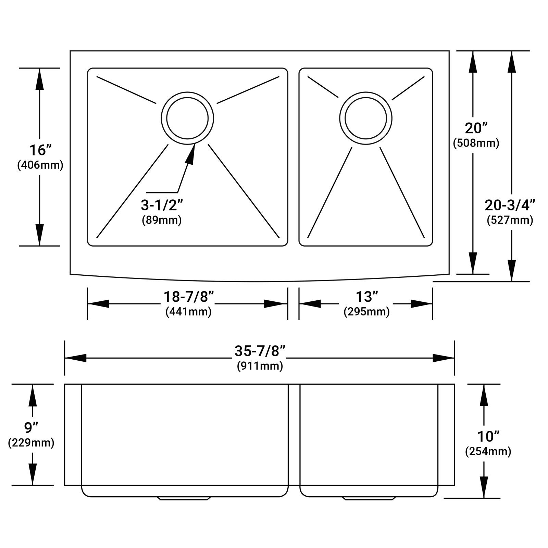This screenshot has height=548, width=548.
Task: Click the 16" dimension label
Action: pos(40,150)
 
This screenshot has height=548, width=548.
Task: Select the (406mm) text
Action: pos(40,165)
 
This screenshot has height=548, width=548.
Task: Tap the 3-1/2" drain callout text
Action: pos(162,205)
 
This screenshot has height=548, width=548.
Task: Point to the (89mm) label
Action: pos(162,220)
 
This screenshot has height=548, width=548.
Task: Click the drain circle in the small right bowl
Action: pos(366,118)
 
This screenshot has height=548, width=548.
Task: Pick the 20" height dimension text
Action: pos(476,128)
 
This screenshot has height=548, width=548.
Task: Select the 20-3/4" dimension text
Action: pos(510,205)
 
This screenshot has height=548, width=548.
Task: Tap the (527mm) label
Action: pos(510,220)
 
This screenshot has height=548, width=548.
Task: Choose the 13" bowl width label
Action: pos(366,297)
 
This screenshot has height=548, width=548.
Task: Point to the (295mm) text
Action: pos(366,312)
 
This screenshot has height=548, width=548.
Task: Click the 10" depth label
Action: pos(488,436)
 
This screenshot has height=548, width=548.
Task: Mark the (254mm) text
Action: pos(488,451)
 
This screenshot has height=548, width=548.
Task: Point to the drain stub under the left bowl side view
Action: pos(184,498)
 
